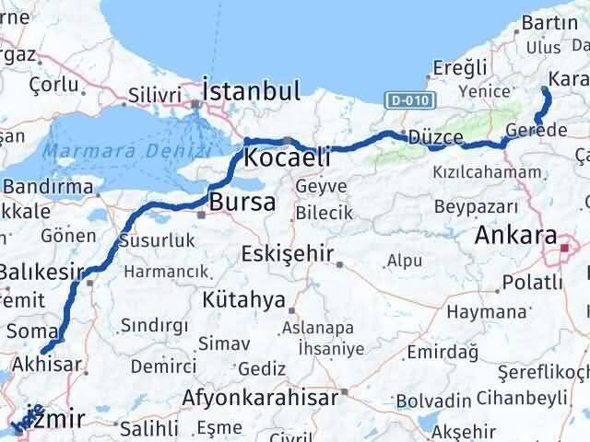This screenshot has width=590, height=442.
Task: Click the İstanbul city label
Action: coord(251,90)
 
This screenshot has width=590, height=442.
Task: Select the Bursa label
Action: coord(242,202)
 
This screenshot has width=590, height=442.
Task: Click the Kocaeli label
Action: coord(288,157)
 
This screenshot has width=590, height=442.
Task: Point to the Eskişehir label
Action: coord(284,253)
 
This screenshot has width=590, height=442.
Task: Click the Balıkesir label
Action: coord(41,272)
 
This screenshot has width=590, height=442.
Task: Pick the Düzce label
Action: coord(435,136)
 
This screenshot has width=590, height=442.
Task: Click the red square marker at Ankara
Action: coord(566,247)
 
